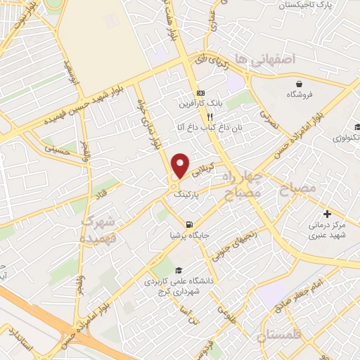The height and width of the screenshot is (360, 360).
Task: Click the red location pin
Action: tap(181, 166)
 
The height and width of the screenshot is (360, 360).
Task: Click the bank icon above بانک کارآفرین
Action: tap(201, 93)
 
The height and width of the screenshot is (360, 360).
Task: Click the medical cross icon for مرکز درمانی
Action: tap(326, 213)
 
